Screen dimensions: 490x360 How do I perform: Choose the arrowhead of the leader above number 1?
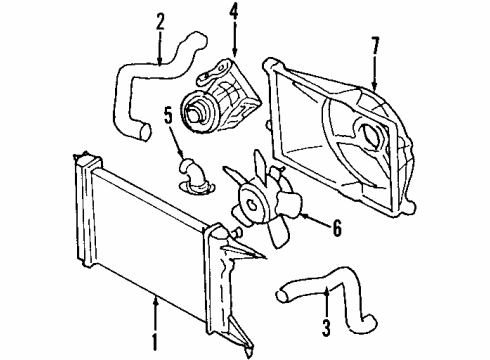(155, 296)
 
